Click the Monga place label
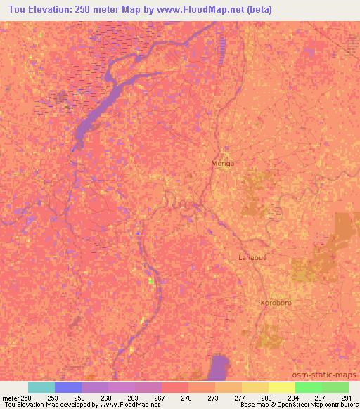(222, 163)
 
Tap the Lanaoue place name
(252, 257)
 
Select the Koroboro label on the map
(276, 303)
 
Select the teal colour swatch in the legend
(41, 387)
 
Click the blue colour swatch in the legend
(67, 387)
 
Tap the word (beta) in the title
(257, 10)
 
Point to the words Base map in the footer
(254, 405)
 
